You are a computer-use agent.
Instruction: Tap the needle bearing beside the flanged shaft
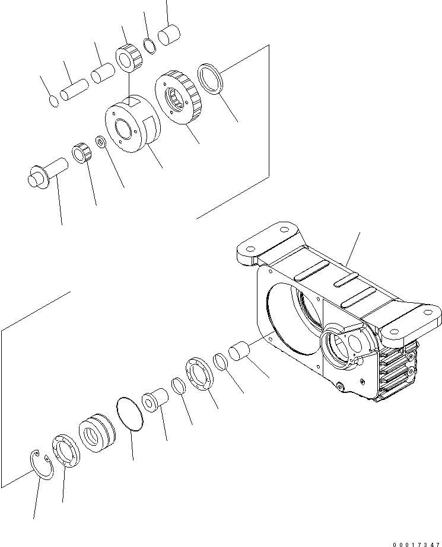click(81, 155)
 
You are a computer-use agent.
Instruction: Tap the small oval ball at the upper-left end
click(54, 101)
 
